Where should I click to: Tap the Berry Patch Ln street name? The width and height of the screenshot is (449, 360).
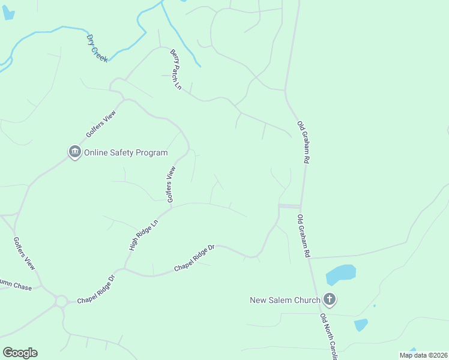[x=175, y=69]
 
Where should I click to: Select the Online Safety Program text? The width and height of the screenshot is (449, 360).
[x=125, y=152]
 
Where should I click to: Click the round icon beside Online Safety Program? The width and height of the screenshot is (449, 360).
[x=74, y=152]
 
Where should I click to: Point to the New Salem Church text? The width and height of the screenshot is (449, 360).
[x=285, y=299]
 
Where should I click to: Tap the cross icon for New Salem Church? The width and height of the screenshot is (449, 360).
[x=329, y=299]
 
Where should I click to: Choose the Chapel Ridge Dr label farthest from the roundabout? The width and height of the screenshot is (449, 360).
[x=194, y=257]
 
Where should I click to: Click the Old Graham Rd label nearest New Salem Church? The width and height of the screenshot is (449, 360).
[x=303, y=236]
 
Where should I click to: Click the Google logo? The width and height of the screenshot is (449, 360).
[x=20, y=353]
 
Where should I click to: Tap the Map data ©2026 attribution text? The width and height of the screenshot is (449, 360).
[x=423, y=355]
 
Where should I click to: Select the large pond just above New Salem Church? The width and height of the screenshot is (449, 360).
[x=340, y=274]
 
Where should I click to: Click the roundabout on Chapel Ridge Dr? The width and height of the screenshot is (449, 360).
[x=61, y=301]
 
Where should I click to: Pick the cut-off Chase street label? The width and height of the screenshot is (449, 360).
[x=12, y=286]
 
